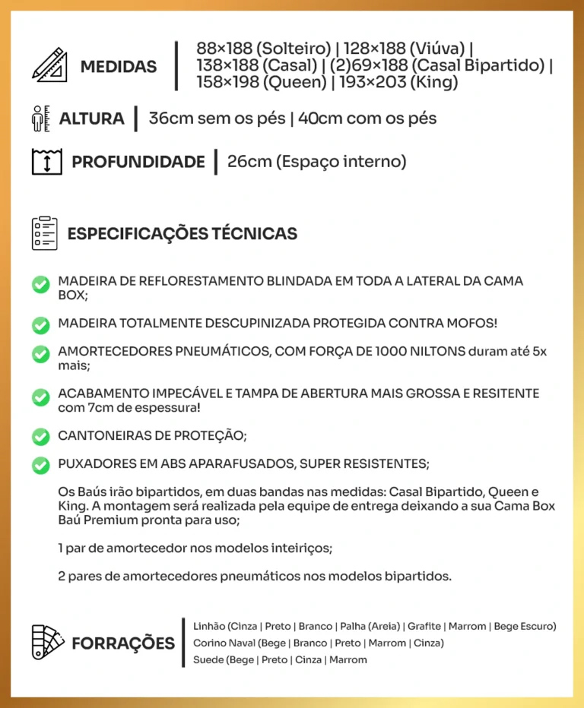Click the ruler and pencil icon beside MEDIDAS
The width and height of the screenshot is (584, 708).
click(x=49, y=65)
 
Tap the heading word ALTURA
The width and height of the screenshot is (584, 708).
click(x=91, y=119)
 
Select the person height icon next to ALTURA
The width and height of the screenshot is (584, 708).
click(x=40, y=119)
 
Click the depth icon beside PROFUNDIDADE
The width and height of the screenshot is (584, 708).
click(x=46, y=162)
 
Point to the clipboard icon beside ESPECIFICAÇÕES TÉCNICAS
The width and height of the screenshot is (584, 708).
click(x=45, y=233)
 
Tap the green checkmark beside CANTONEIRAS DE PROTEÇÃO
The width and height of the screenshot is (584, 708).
click(x=41, y=437)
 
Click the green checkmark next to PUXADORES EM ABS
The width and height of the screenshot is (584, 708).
click(x=41, y=464)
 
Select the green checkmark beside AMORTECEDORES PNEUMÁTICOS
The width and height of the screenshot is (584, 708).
click(x=41, y=354)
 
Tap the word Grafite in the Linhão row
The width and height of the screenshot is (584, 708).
click(x=424, y=627)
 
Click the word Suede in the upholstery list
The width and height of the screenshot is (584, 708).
click(x=208, y=659)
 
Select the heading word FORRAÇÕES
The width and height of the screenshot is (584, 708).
click(x=123, y=643)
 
